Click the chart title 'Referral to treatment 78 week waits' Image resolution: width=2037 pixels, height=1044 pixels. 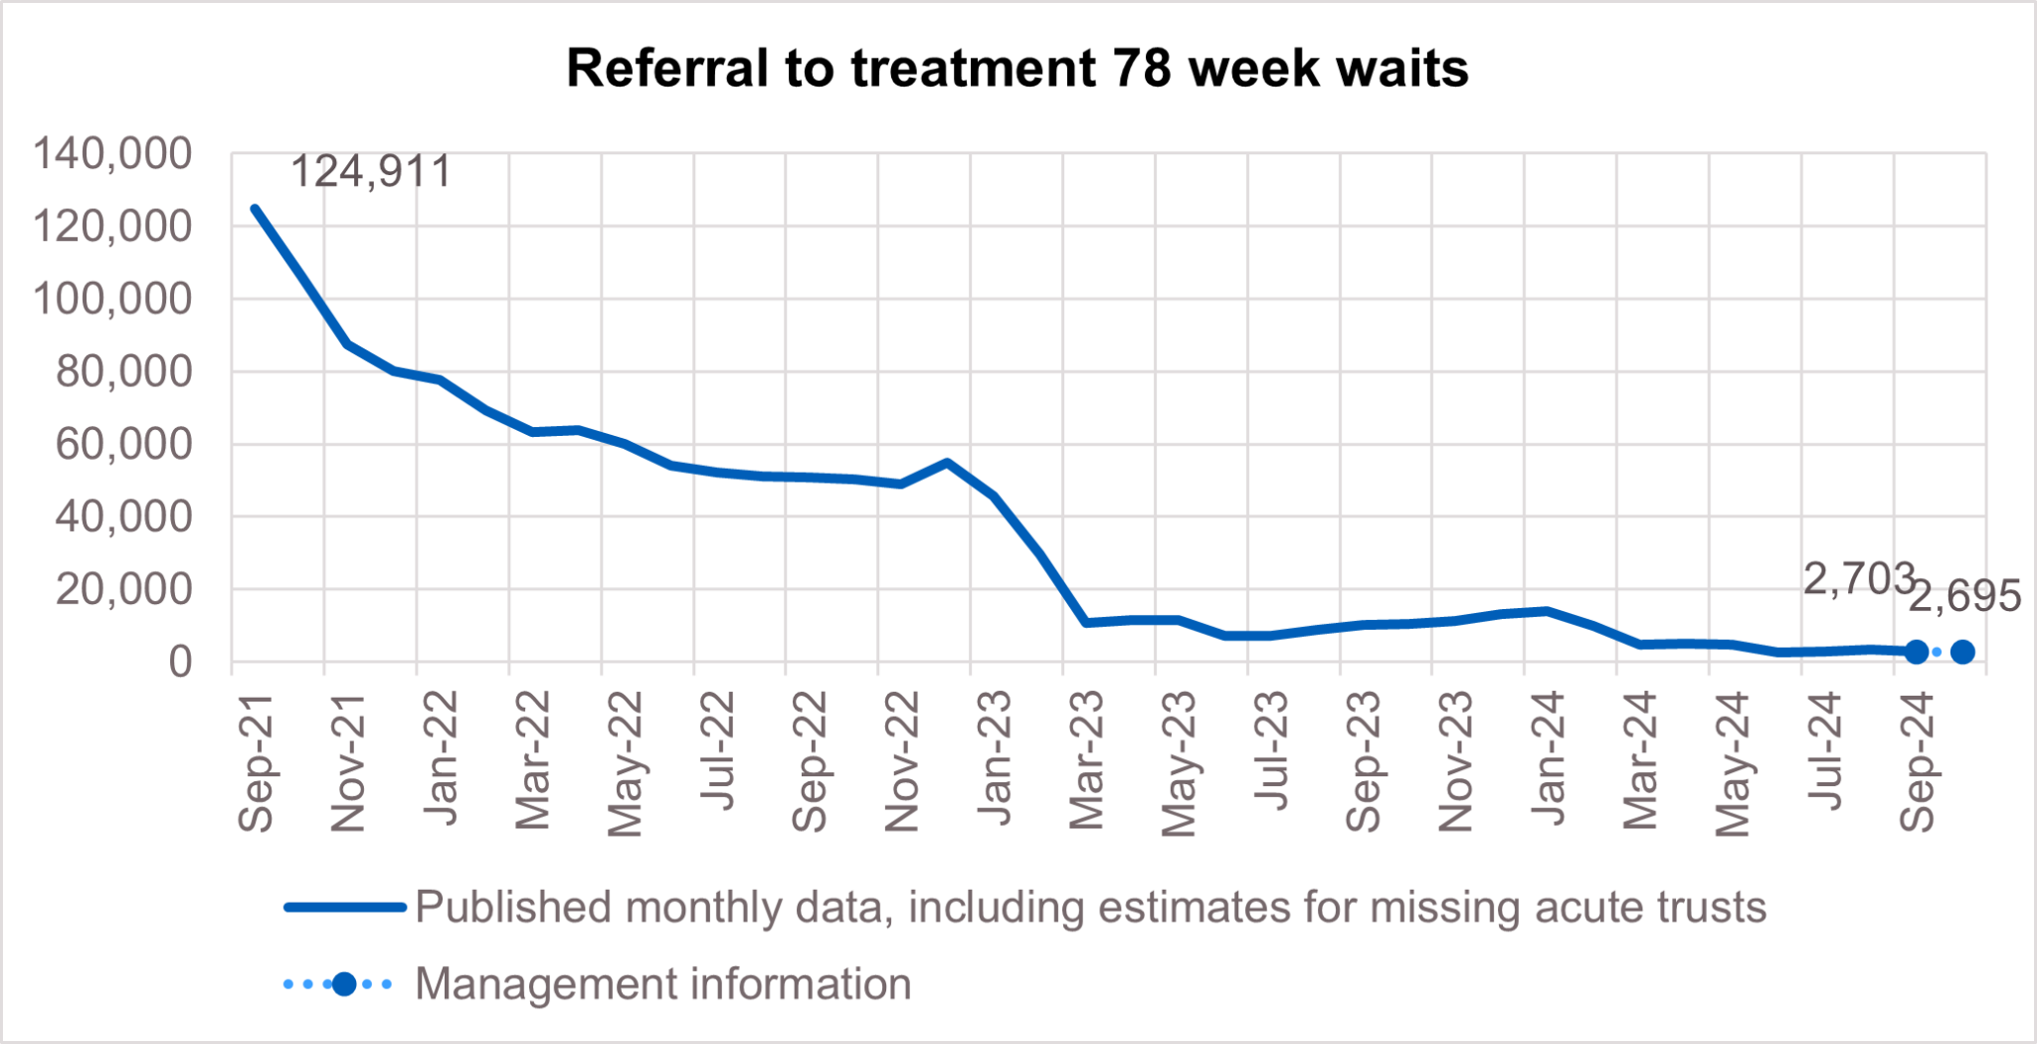pos(1018,69)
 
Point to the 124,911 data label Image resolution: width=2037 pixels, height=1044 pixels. pos(370,171)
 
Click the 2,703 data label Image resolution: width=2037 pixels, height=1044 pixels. pos(1858,578)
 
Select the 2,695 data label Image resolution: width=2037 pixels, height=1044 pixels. pos(1964,596)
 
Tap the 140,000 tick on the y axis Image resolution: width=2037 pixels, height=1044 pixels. pos(112,154)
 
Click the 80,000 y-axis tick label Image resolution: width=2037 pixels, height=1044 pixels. pos(123,371)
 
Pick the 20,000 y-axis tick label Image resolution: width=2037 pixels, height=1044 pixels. pos(123,589)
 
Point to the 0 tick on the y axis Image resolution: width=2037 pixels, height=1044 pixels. pos(180,662)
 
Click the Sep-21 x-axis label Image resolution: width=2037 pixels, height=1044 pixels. pos(256,762)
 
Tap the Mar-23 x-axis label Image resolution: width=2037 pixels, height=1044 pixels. pos(1087,760)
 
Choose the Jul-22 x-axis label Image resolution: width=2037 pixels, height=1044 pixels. pos(717,751)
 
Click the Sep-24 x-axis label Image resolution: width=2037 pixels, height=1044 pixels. pos(1917,762)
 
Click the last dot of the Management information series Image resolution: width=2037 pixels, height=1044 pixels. pos(1962,652)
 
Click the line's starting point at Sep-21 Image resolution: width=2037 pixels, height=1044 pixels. pos(255,208)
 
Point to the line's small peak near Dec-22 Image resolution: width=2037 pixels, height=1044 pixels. pos(947,462)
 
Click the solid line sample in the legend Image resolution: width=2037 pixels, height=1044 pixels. pos(344,907)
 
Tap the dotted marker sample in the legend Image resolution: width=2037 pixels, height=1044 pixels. pos(344,984)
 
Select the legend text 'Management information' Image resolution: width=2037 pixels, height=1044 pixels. pos(662,984)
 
